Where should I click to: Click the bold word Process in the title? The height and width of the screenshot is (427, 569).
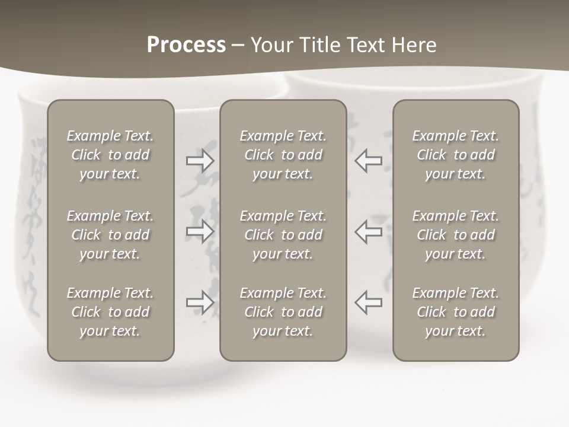(186, 45)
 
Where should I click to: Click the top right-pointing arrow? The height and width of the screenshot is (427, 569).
(200, 160)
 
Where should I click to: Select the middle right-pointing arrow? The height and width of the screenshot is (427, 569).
(200, 231)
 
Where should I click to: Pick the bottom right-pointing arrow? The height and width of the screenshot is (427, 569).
(200, 302)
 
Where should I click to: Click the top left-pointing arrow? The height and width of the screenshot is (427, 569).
(368, 160)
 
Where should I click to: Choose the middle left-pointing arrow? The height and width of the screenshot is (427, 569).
(368, 231)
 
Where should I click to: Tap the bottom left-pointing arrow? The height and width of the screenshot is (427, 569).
(368, 302)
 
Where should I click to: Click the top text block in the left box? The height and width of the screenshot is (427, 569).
(110, 155)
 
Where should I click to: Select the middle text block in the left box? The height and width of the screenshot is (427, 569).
(110, 235)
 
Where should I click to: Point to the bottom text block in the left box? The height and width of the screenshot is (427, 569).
(110, 312)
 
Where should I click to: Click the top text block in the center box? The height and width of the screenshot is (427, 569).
(283, 155)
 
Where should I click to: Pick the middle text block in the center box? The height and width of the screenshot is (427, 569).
(283, 235)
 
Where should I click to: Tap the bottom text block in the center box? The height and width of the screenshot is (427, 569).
(283, 312)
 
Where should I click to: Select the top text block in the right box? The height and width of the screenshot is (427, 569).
(455, 155)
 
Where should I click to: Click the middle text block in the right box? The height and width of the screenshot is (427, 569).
(455, 235)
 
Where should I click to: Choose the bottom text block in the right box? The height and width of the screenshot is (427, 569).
(455, 312)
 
